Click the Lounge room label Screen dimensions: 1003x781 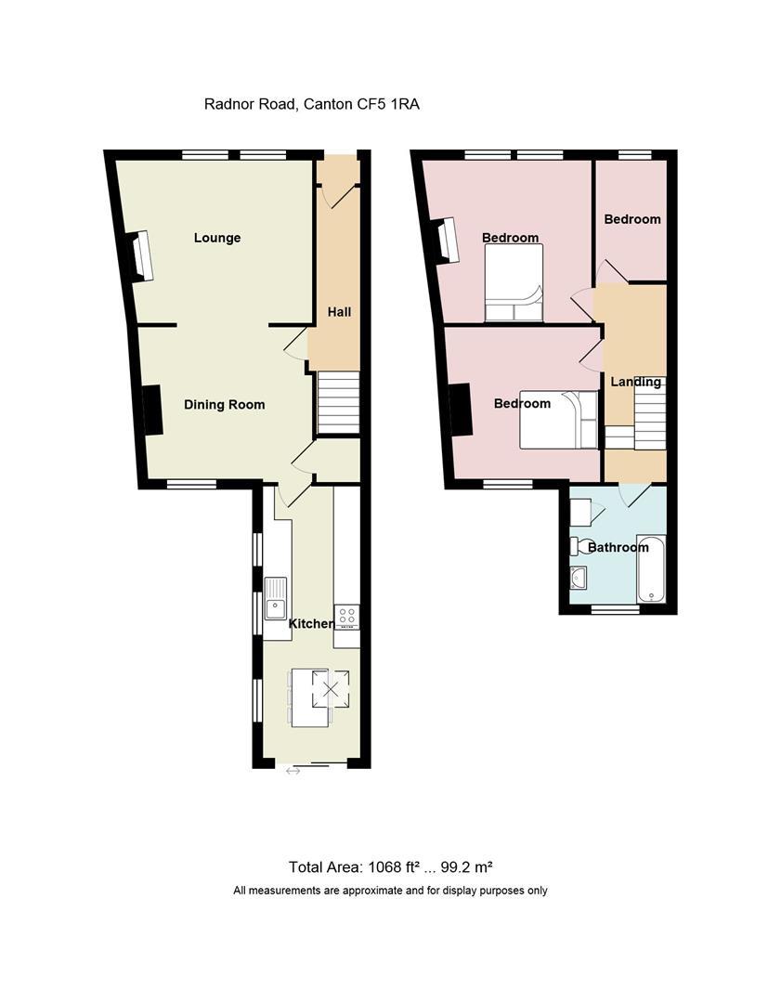tap(217, 238)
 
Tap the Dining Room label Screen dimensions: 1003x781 tap(224, 404)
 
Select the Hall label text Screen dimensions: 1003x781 tap(339, 312)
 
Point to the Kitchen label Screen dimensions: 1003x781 tap(311, 623)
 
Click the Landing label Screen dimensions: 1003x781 tap(635, 382)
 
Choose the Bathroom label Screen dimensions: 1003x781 tap(618, 547)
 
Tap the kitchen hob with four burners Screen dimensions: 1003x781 tap(347, 615)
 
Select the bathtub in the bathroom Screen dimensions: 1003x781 tap(651, 568)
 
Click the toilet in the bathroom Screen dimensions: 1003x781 tap(582, 545)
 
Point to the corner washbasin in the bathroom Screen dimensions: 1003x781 tap(579, 578)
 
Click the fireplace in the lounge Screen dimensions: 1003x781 tap(139, 255)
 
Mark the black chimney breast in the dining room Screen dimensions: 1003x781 tap(151, 410)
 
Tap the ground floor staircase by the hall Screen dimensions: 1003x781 tap(339, 402)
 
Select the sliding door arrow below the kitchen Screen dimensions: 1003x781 tap(293, 770)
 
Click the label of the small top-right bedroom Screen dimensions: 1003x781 tap(632, 219)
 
